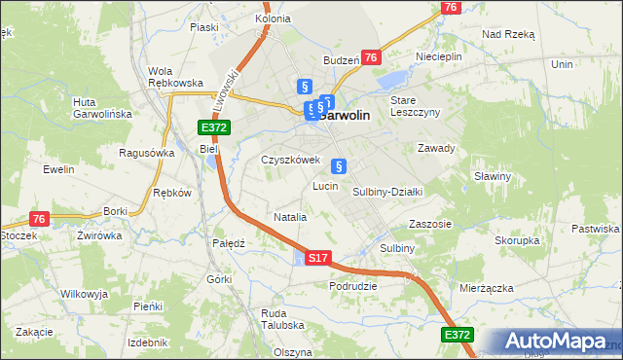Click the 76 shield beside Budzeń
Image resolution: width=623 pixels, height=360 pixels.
pos(371,58)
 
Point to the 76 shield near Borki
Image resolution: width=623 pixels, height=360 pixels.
pos(39,219)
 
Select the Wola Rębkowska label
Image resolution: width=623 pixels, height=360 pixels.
pos(174,77)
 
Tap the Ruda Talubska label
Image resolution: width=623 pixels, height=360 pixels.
pos(282,320)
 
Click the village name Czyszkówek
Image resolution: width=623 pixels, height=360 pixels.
pos(290,160)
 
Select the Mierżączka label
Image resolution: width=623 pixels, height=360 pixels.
pos(485,289)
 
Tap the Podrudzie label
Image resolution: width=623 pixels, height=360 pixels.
pos(352,286)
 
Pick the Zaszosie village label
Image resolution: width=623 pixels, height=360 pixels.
pos(430,223)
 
